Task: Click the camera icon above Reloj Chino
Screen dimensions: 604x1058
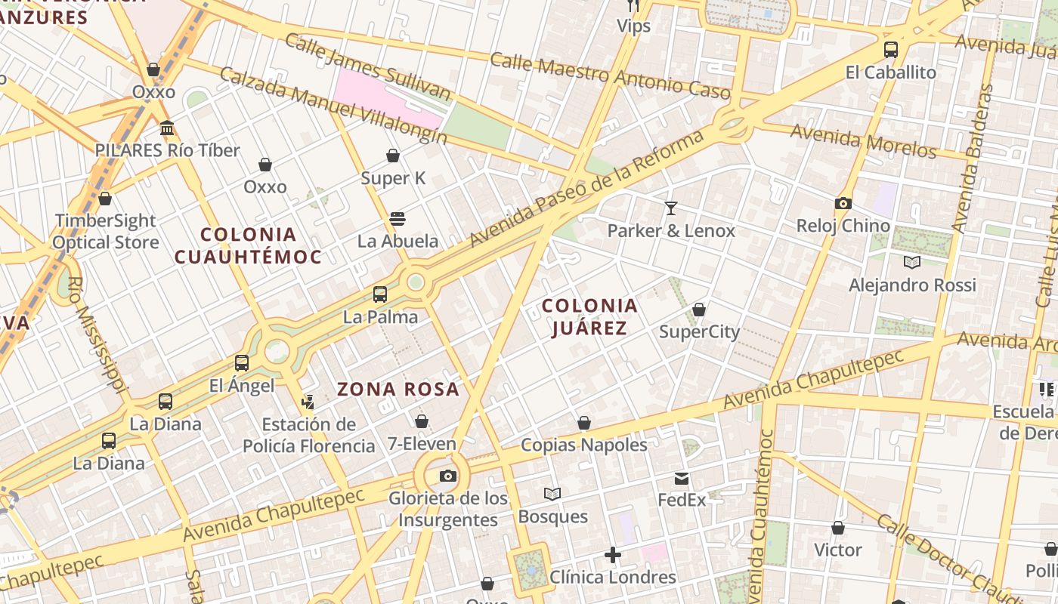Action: pyautogui.click(x=843, y=203)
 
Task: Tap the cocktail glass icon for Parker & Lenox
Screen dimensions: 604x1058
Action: pyautogui.click(x=671, y=208)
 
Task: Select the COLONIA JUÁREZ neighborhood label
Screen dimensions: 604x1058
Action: pyautogui.click(x=590, y=317)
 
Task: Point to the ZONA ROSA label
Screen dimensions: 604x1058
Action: pyautogui.click(x=398, y=390)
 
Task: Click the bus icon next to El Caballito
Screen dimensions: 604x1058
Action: pyautogui.click(x=891, y=50)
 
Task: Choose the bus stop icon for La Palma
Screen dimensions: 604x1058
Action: pyautogui.click(x=380, y=294)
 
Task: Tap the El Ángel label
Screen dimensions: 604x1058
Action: pyautogui.click(x=242, y=386)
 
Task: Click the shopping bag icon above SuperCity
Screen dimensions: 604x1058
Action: pyautogui.click(x=699, y=310)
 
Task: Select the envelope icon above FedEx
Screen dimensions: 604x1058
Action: pyautogui.click(x=682, y=478)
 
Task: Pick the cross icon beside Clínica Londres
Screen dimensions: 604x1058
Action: pyautogui.click(x=613, y=556)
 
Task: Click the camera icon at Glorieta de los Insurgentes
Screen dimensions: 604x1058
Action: pyautogui.click(x=448, y=476)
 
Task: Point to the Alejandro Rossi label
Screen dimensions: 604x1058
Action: pyautogui.click(x=912, y=285)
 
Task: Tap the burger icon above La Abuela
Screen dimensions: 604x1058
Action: pyautogui.click(x=398, y=219)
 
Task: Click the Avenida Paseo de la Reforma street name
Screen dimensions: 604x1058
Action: pyautogui.click(x=586, y=189)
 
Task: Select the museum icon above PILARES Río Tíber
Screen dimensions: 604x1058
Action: pyautogui.click(x=167, y=128)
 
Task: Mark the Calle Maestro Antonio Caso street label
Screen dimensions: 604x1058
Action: pyautogui.click(x=610, y=77)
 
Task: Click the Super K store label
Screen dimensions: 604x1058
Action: pyautogui.click(x=393, y=178)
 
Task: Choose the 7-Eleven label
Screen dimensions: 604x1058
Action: pyautogui.click(x=422, y=444)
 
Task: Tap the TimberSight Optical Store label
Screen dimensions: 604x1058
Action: pyautogui.click(x=105, y=231)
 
